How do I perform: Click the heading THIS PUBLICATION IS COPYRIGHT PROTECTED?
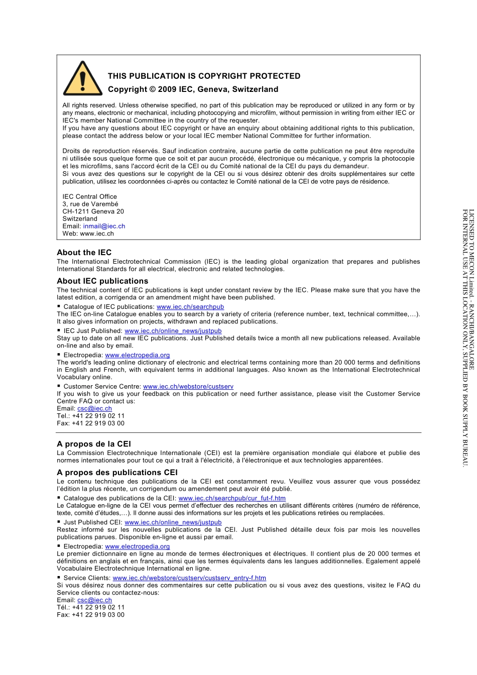point(204,76)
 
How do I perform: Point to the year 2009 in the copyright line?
point(167,89)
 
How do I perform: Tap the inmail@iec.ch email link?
point(104,227)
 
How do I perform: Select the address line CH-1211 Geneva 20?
point(93,211)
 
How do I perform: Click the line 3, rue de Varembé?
point(90,204)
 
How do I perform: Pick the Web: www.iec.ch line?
point(88,234)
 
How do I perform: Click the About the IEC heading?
point(84,253)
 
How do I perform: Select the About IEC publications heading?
point(102,281)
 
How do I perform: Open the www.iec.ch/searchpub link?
point(190,307)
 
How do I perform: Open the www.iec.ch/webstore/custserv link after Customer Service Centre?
point(188,387)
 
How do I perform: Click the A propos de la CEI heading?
point(94,444)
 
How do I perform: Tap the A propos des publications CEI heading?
point(117,473)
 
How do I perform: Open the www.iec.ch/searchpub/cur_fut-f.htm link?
point(232,498)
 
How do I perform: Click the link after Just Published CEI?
point(173,522)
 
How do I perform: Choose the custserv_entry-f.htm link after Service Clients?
point(189,578)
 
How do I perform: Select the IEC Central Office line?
point(89,197)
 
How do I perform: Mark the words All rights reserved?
point(89,105)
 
